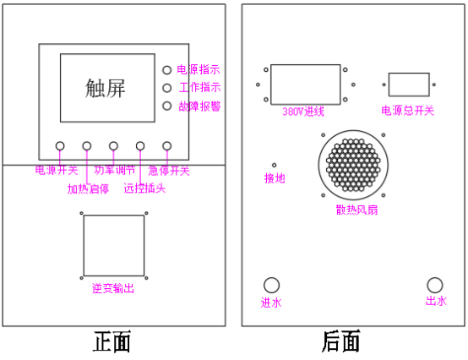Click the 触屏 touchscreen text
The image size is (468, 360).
click(105, 88)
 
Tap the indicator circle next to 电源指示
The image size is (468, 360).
click(167, 70)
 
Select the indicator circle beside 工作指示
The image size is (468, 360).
click(167, 88)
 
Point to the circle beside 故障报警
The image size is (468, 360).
click(167, 106)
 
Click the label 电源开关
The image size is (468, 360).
click(57, 171)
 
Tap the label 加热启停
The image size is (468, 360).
click(88, 189)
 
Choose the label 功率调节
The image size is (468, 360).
click(115, 170)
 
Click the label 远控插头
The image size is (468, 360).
click(144, 188)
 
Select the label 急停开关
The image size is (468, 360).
click(169, 171)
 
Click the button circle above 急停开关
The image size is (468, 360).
click(167, 146)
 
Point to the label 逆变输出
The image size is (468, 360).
click(113, 288)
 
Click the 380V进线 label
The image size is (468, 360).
click(303, 112)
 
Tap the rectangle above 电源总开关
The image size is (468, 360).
click(409, 85)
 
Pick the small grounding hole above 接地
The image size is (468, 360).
click(274, 165)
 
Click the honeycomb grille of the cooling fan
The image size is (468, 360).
click(353, 165)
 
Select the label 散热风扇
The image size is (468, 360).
click(356, 210)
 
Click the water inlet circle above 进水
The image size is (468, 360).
click(272, 285)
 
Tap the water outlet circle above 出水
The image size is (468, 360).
click(435, 285)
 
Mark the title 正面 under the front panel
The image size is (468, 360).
click(112, 341)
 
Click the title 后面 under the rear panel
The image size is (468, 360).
click(340, 341)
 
